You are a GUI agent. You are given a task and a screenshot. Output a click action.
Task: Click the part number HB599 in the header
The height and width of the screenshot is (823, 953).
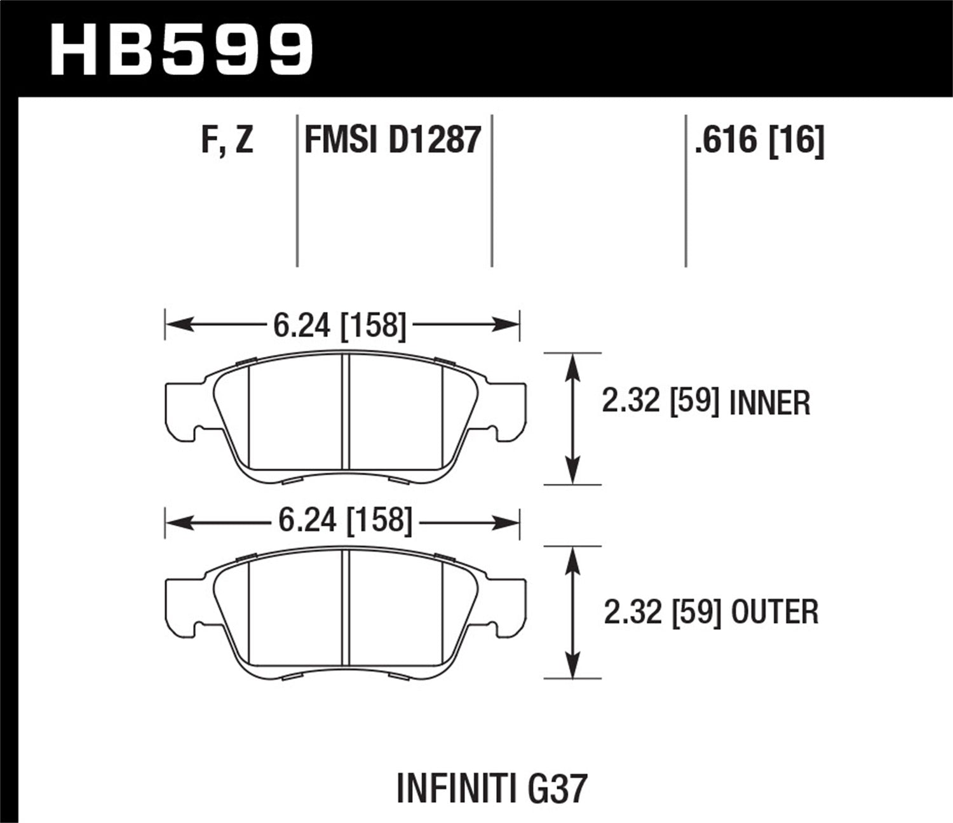coord(182,50)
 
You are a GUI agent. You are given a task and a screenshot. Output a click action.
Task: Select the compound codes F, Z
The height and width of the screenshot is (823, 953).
coord(227,140)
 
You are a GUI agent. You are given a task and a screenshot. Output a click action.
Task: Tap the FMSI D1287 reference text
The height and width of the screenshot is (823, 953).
coord(393,140)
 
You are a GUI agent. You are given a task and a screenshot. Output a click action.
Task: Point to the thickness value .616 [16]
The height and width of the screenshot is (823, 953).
coord(759,140)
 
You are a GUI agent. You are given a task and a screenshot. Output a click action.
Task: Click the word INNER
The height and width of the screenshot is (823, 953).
coord(770,403)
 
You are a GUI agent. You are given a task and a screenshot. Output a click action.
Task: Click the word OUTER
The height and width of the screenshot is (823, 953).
coord(775,612)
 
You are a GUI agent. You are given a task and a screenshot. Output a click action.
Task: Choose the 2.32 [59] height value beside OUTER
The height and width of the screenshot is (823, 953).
coord(662,612)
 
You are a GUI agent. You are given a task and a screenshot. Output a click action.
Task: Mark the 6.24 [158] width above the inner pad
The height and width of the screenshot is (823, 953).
coord(339,326)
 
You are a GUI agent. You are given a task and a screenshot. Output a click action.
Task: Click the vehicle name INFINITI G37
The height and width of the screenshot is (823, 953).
coord(492,789)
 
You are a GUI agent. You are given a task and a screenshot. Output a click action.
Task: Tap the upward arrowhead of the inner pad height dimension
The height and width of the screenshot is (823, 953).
coord(573,365)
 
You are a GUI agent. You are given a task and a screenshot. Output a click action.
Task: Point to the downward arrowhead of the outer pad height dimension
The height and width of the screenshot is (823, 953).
coord(573,667)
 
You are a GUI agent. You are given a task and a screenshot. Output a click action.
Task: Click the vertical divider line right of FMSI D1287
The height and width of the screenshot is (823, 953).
coord(492,191)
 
